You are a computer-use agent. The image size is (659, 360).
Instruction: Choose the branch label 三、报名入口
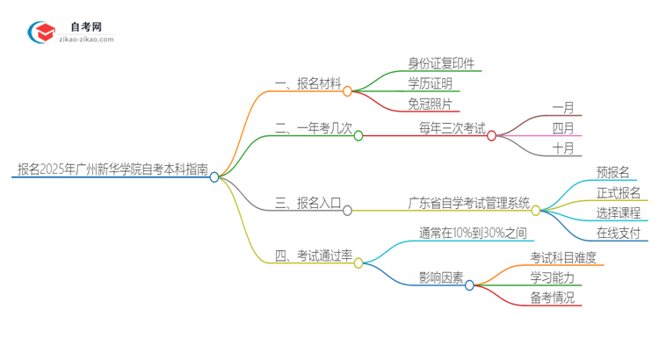pyautogui.click(x=308, y=203)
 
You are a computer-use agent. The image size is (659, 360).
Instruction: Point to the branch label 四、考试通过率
pyautogui.click(x=314, y=256)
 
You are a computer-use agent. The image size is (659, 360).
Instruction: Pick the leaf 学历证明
pyautogui.click(x=431, y=84)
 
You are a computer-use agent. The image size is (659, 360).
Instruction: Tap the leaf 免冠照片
pyautogui.click(x=431, y=105)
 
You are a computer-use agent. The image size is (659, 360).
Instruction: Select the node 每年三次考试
pyautogui.click(x=452, y=128)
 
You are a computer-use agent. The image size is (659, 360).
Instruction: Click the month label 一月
pyautogui.click(x=563, y=108)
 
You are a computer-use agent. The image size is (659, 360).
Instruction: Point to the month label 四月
pyautogui.click(x=563, y=128)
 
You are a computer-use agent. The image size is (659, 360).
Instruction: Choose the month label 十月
pyautogui.click(x=563, y=148)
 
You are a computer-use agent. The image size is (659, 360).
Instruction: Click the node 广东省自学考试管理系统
pyautogui.click(x=469, y=203)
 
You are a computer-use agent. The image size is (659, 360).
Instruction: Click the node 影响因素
pyautogui.click(x=440, y=277)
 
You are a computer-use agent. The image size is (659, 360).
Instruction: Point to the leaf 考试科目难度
pyautogui.click(x=563, y=257)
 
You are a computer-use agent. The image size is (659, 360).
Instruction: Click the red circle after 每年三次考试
pyautogui.click(x=492, y=135)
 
